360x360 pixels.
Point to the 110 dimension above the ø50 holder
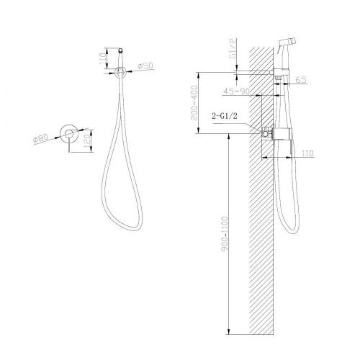(x=101, y=56)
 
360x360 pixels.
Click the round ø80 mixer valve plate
(x=68, y=132)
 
